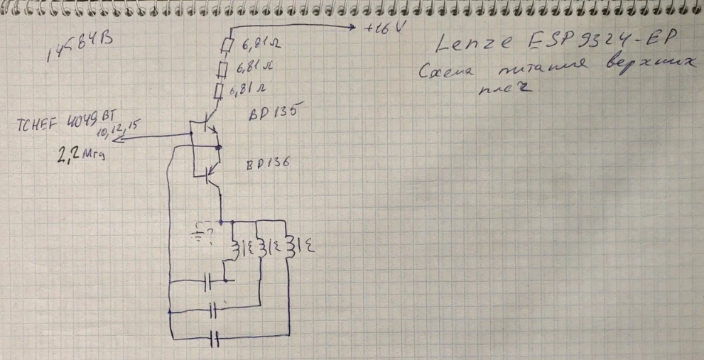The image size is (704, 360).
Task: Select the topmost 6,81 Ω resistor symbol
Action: point(228,45)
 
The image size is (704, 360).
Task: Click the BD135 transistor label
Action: point(273,113)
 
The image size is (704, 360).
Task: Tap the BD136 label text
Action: point(268,164)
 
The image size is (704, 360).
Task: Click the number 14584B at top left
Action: point(80,50)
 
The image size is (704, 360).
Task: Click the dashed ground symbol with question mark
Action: point(204,233)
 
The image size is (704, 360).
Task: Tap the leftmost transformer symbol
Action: point(239,249)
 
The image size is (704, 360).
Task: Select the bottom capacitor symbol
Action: point(215,339)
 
